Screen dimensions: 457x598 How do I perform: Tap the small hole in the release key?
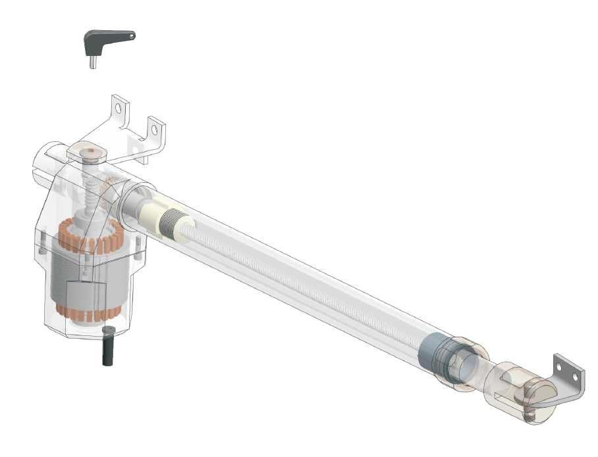(131, 36)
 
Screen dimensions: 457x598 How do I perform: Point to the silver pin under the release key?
(94, 61)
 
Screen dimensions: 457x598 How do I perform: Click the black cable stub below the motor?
(108, 345)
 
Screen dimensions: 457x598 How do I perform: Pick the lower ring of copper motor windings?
(82, 309)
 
